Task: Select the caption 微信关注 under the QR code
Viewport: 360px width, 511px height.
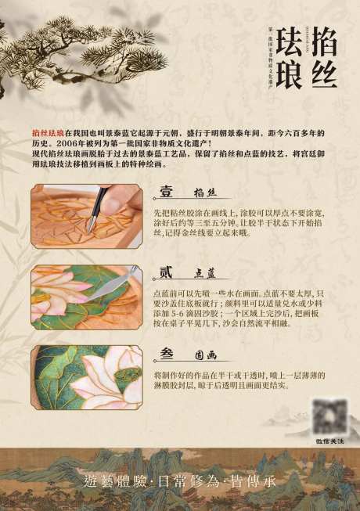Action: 330,441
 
